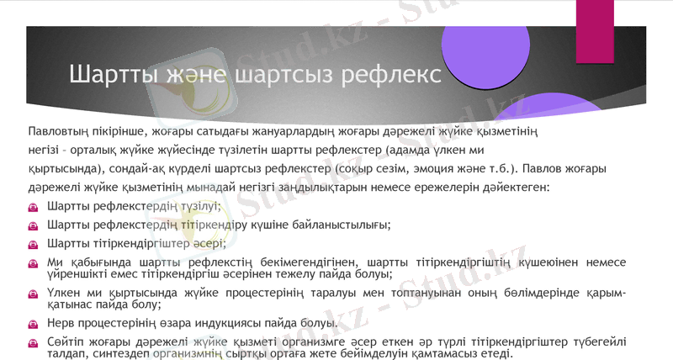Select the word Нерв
(63, 323)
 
